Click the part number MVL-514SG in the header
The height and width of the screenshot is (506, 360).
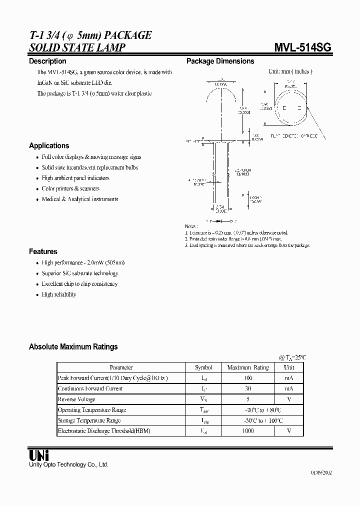coord(302,47)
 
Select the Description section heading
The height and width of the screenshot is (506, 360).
coord(47,61)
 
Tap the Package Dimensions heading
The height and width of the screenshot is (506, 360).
coord(220,61)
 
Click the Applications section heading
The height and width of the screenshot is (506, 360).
coord(49,145)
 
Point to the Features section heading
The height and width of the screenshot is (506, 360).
coord(43,251)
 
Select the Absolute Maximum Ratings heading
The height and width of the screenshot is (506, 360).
coord(73,346)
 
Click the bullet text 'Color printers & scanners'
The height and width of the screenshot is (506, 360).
coord(70,188)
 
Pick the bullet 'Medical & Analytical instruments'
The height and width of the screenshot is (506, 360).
coord(80,199)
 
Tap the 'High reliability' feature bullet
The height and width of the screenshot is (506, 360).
coord(59,294)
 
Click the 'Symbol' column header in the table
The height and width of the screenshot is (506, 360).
coord(203,367)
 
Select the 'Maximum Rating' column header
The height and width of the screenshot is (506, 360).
coord(248,367)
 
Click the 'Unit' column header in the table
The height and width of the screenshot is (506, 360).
coord(289,367)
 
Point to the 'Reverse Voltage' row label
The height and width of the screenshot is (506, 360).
coord(76,399)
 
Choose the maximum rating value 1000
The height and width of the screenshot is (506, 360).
coord(248,430)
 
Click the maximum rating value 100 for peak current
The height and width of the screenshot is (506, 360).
coord(248,378)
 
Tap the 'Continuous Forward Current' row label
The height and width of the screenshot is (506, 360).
coord(90,388)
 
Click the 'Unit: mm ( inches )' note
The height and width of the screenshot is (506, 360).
coord(290,71)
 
